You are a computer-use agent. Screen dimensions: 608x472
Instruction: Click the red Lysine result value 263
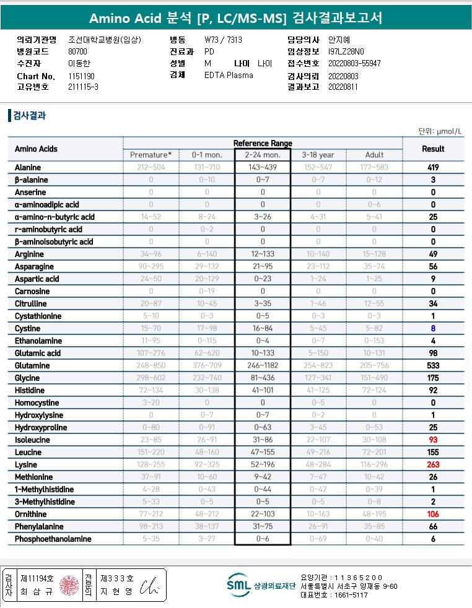(x=433, y=465)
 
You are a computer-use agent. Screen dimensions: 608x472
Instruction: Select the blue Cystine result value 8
(x=433, y=329)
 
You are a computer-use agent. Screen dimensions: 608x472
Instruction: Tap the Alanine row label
(x=28, y=168)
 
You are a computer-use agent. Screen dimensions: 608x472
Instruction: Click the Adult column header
(x=374, y=155)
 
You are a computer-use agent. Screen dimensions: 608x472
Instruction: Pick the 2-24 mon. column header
(x=263, y=155)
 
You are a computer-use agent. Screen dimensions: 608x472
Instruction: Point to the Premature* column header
(x=151, y=155)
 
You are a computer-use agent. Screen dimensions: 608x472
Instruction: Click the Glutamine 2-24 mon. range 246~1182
(x=263, y=366)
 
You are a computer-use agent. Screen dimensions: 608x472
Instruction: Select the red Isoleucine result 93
(x=433, y=440)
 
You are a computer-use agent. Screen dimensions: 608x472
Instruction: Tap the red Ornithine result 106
(x=433, y=515)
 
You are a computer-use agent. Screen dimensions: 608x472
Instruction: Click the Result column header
(x=433, y=149)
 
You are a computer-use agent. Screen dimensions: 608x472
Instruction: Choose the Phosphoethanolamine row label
(x=53, y=539)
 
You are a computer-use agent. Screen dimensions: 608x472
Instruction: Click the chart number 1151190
(x=81, y=76)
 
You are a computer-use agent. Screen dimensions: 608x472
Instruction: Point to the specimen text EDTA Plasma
(x=229, y=76)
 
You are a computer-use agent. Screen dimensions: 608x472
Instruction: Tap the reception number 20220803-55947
(x=354, y=64)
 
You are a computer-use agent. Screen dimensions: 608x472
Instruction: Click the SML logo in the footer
(x=238, y=585)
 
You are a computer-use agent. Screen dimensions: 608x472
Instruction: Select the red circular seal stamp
(x=69, y=585)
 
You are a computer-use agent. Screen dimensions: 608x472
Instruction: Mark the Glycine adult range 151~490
(x=374, y=378)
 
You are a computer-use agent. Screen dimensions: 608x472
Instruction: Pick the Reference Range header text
(x=263, y=143)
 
